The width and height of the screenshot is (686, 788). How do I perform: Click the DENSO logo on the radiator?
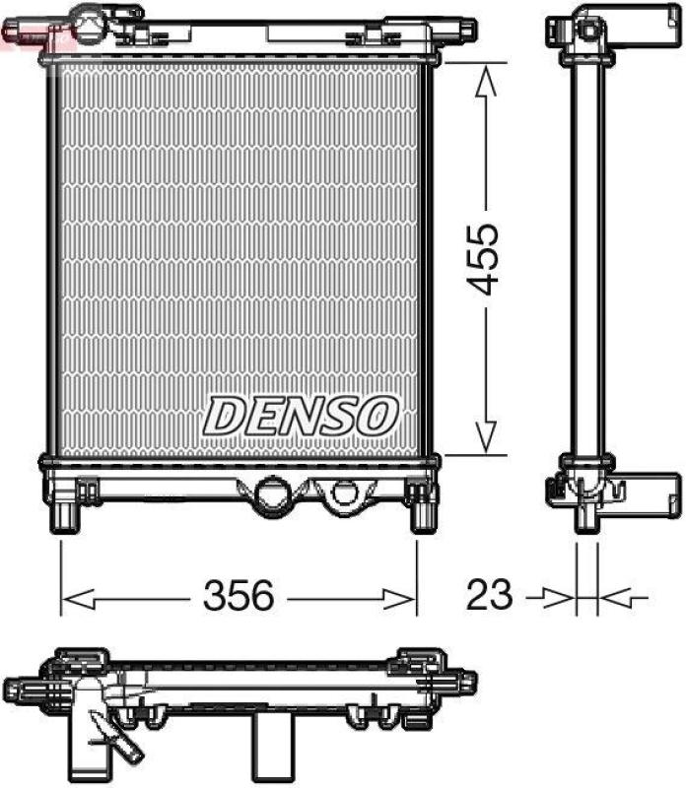coord(301,417)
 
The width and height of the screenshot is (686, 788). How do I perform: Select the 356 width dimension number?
coord(238,596)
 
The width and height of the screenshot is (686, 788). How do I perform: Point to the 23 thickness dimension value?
coord(490,596)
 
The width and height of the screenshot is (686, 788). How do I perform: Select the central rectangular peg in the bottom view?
coord(273,744)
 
